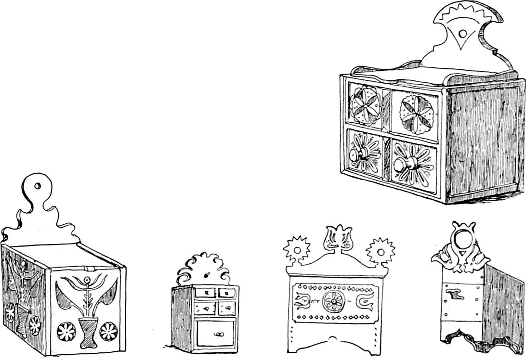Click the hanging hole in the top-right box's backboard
462,34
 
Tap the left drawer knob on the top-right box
355,155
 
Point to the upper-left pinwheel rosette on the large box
364,105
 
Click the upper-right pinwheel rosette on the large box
415,114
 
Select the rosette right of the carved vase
108,331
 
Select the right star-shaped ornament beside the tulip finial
380,250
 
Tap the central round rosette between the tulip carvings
332,301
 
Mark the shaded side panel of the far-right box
503,298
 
